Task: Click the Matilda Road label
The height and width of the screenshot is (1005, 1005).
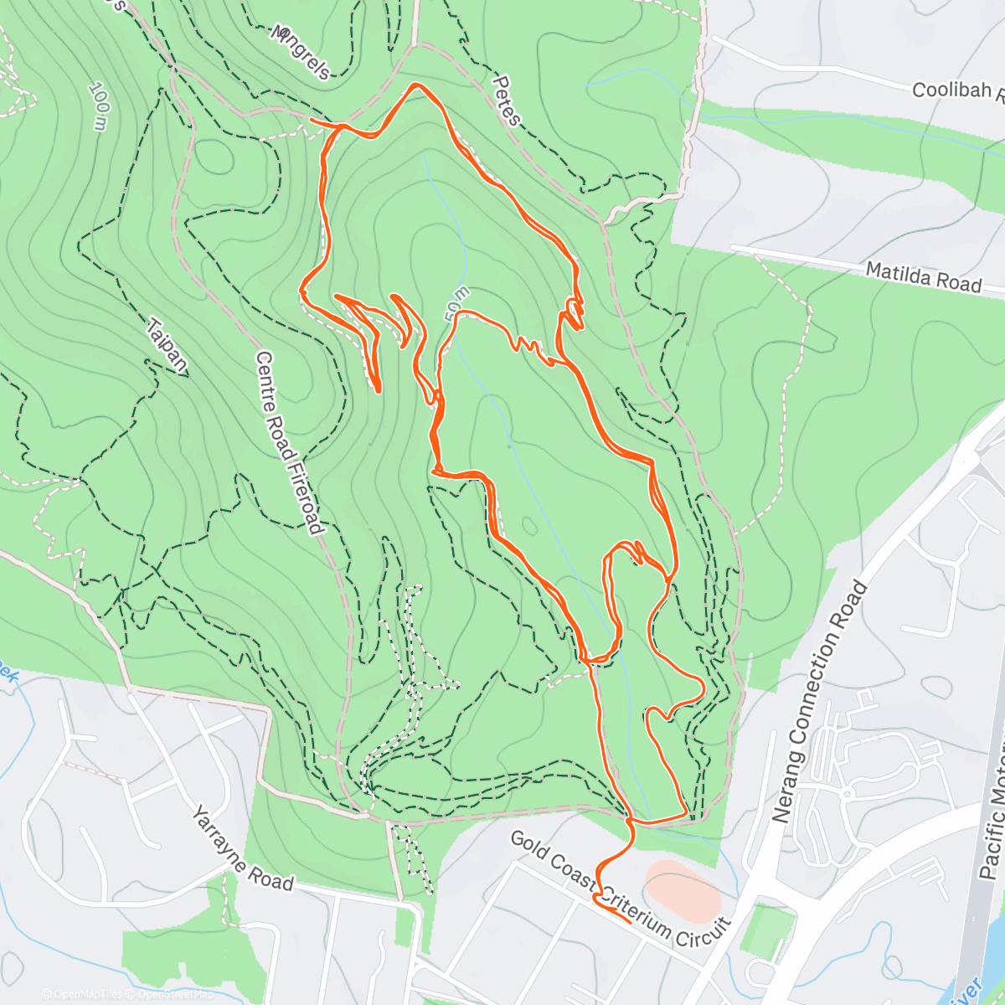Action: pyautogui.click(x=923, y=276)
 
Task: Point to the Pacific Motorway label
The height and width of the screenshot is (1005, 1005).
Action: pyautogui.click(x=992, y=829)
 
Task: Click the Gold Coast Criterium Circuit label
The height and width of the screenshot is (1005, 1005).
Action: pyautogui.click(x=620, y=885)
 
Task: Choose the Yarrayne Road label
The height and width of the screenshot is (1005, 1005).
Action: pyautogui.click(x=242, y=848)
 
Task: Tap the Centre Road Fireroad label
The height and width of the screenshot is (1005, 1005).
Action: pyautogui.click(x=288, y=441)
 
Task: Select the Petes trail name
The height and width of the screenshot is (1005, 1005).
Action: pyautogui.click(x=507, y=100)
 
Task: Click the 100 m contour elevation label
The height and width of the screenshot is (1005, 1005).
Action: pyautogui.click(x=98, y=106)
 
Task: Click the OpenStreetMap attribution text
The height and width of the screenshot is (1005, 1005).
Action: pyautogui.click(x=174, y=994)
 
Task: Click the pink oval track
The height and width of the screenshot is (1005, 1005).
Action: pyautogui.click(x=683, y=890)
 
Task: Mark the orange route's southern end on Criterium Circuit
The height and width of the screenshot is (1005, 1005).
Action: pyautogui.click(x=629, y=921)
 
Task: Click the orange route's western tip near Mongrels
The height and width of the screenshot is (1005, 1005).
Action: pyautogui.click(x=312, y=121)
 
